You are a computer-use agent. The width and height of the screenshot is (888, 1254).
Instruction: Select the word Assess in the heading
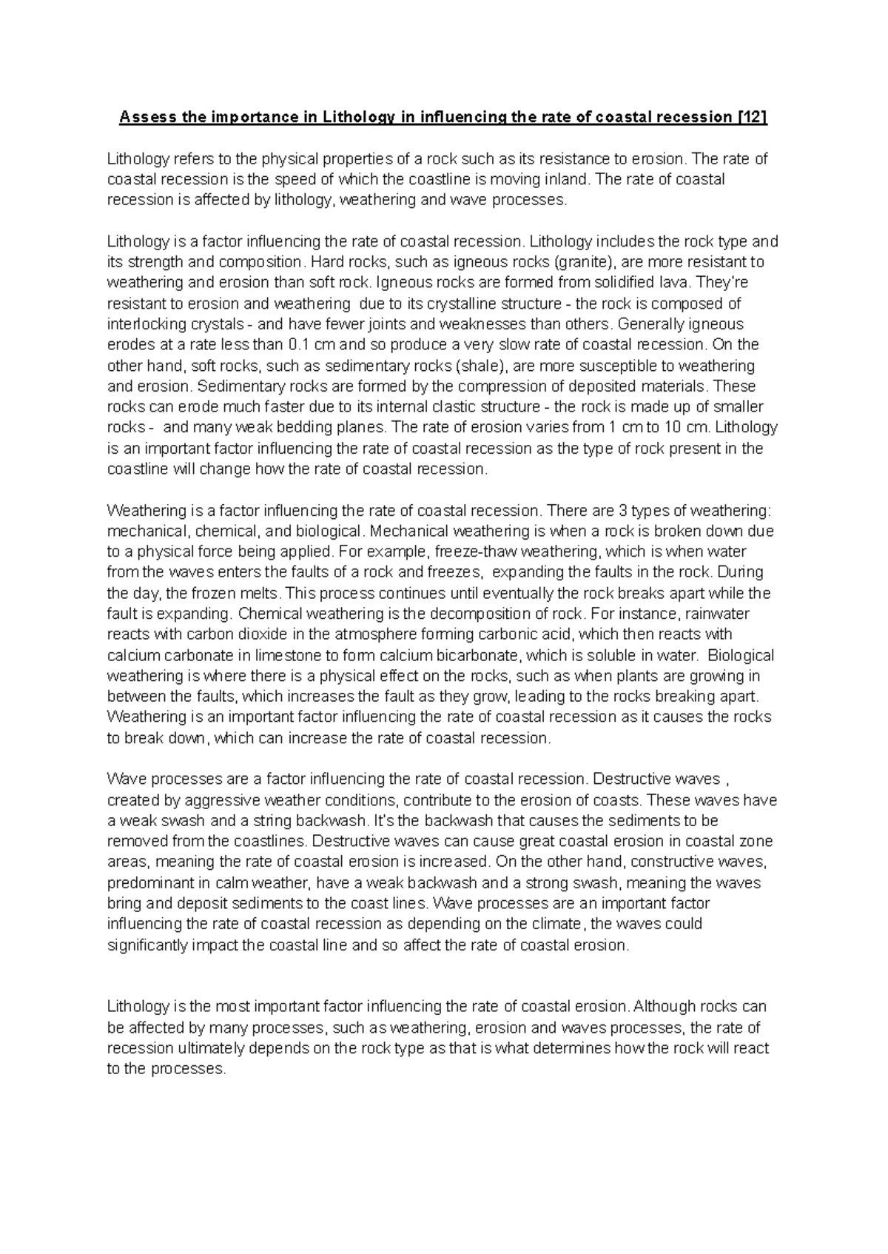[144, 118]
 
